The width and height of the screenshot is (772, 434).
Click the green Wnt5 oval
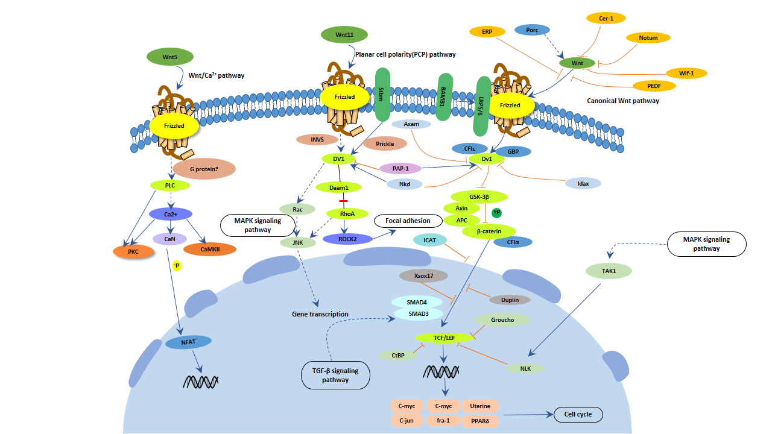tap(170, 57)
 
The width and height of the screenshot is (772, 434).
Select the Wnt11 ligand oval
tap(345, 35)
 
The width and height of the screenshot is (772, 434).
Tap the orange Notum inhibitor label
tap(648, 37)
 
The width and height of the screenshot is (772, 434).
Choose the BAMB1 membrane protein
tap(445, 97)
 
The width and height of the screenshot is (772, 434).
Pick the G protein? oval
tap(204, 168)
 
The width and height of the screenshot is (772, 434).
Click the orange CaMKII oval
tap(209, 248)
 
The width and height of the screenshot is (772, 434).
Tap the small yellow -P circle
tap(177, 266)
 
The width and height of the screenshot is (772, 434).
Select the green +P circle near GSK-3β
tap(496, 212)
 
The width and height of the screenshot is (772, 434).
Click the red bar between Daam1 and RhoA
tap(343, 200)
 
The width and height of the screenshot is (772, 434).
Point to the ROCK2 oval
tap(347, 239)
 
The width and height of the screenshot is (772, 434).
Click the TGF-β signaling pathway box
tap(336, 376)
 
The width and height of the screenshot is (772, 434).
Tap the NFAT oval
tap(188, 342)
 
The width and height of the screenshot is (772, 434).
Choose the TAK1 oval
tap(609, 271)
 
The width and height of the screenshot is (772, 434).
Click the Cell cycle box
tap(578, 414)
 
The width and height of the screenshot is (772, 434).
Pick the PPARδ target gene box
tap(481, 420)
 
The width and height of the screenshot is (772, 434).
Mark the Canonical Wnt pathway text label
tap(622, 101)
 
